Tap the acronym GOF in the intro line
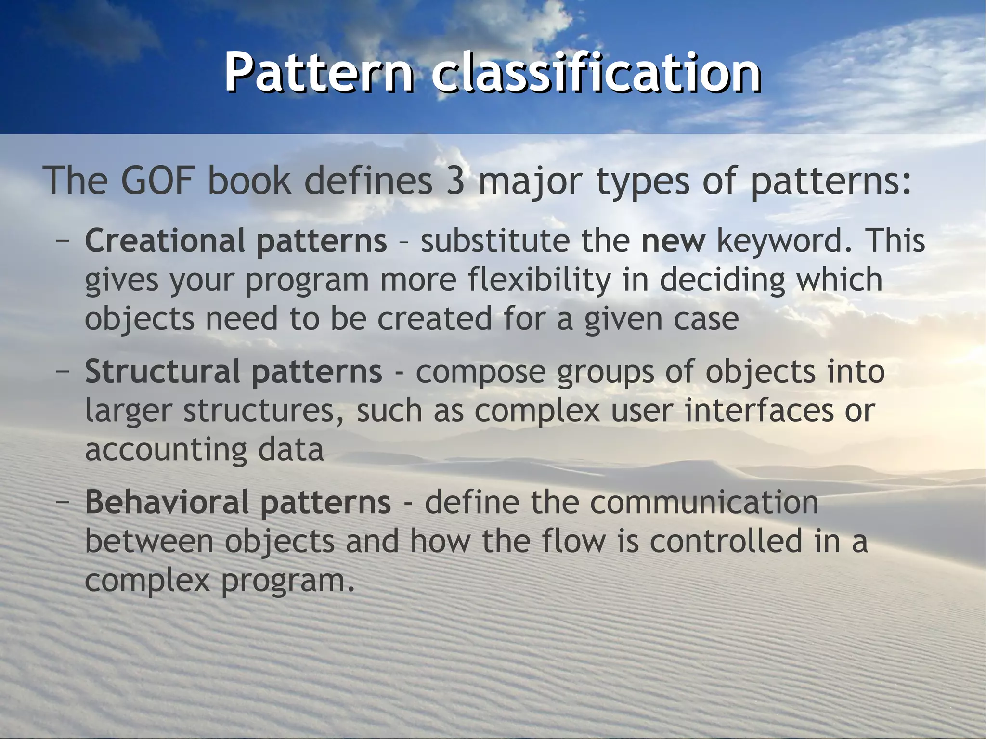[x=158, y=181]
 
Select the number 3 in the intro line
[x=455, y=181]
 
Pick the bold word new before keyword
[x=673, y=240]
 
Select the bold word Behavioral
[x=167, y=502]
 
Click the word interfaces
[x=759, y=411]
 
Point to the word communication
[x=704, y=502]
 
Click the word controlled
[x=726, y=541]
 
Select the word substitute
[x=495, y=240]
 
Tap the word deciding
[x=722, y=280]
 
